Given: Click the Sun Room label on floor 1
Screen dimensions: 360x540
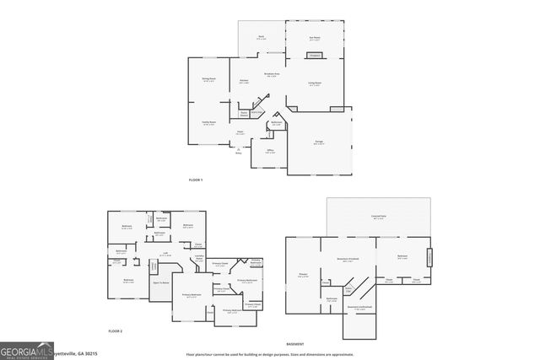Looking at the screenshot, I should (315, 38).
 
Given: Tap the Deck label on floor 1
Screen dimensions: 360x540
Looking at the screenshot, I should (262, 38).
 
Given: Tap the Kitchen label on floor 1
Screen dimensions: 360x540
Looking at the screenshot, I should (244, 82).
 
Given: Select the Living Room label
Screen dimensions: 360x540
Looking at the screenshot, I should (314, 84).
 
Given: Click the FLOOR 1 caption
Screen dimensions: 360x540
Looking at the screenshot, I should (196, 180).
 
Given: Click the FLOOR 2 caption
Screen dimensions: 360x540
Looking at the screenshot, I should (115, 331).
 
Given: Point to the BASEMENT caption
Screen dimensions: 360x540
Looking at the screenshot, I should (294, 344).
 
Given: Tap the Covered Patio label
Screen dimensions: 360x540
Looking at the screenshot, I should (378, 217).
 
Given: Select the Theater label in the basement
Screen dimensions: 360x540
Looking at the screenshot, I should (302, 274).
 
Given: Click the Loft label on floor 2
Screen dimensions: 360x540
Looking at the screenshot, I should (167, 254).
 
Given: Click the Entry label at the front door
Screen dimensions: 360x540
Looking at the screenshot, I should (239, 153).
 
